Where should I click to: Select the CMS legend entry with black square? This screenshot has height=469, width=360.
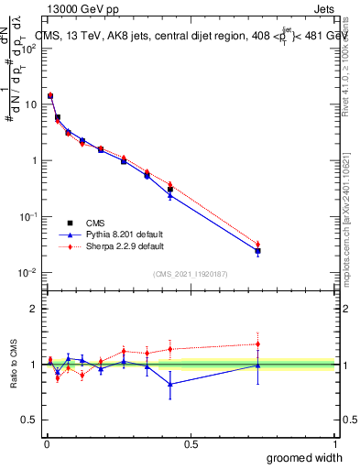(94, 222)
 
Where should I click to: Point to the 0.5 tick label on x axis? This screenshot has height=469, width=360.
(191, 443)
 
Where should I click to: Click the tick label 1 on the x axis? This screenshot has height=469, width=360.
(334, 443)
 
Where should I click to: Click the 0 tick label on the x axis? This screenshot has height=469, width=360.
(47, 443)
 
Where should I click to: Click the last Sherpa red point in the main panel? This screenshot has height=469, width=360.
(258, 245)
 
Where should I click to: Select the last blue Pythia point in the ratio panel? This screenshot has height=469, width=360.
(258, 365)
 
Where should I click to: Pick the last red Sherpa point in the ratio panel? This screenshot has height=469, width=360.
(258, 344)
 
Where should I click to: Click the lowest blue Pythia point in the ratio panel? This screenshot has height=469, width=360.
(169, 384)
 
